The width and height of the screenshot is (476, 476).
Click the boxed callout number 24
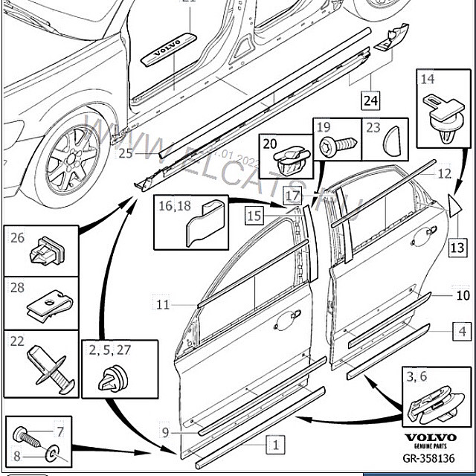coord(370,98)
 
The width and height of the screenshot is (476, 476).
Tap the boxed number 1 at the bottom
coord(275,445)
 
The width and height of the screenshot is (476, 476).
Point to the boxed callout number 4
coord(462,332)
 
